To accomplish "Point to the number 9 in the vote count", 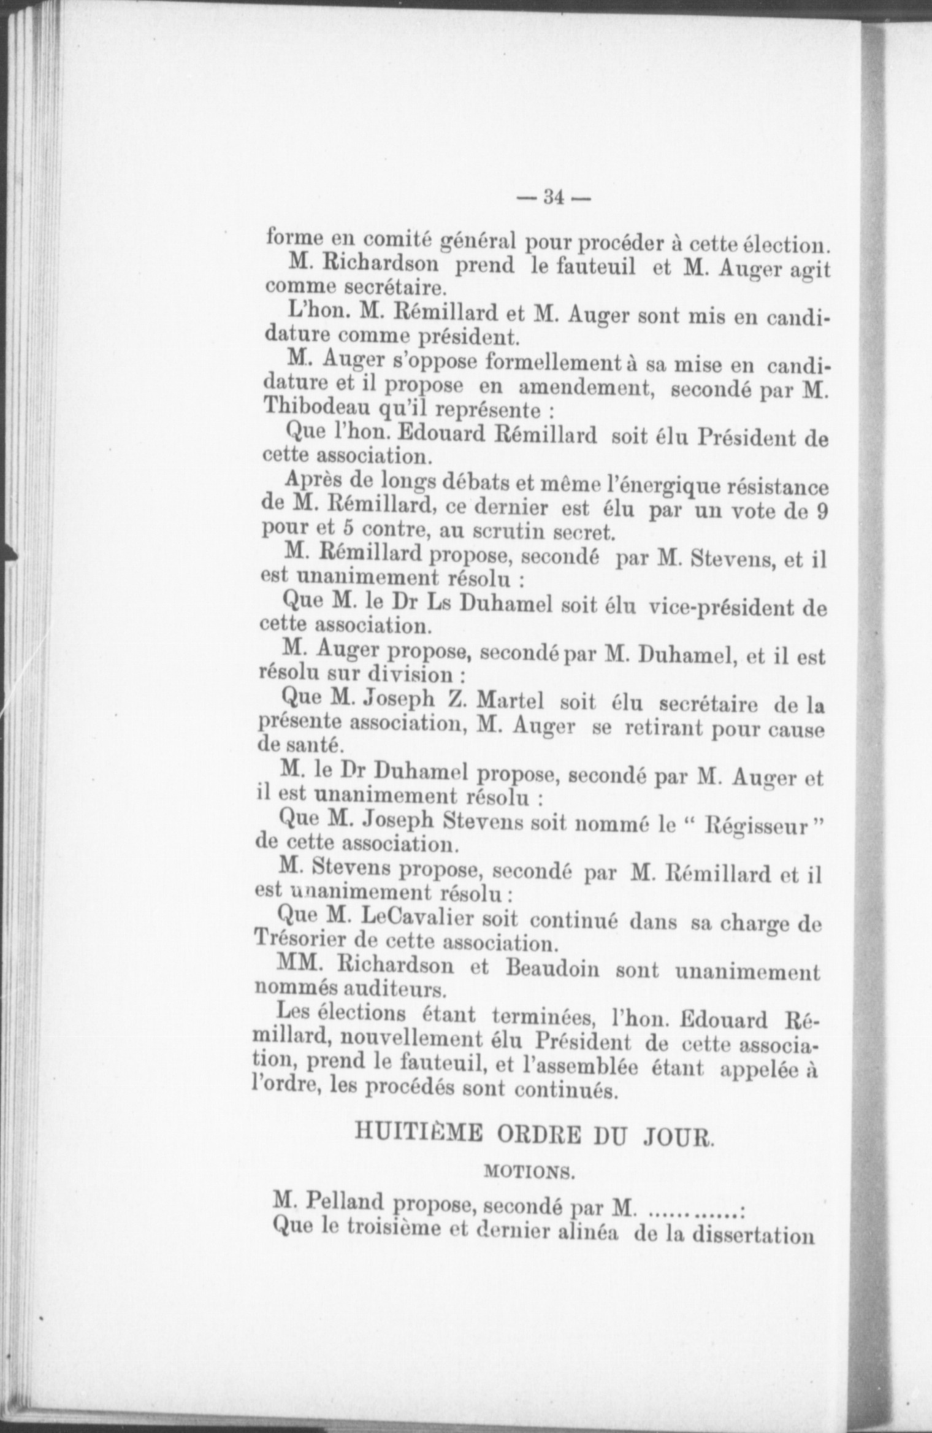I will click(822, 511).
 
